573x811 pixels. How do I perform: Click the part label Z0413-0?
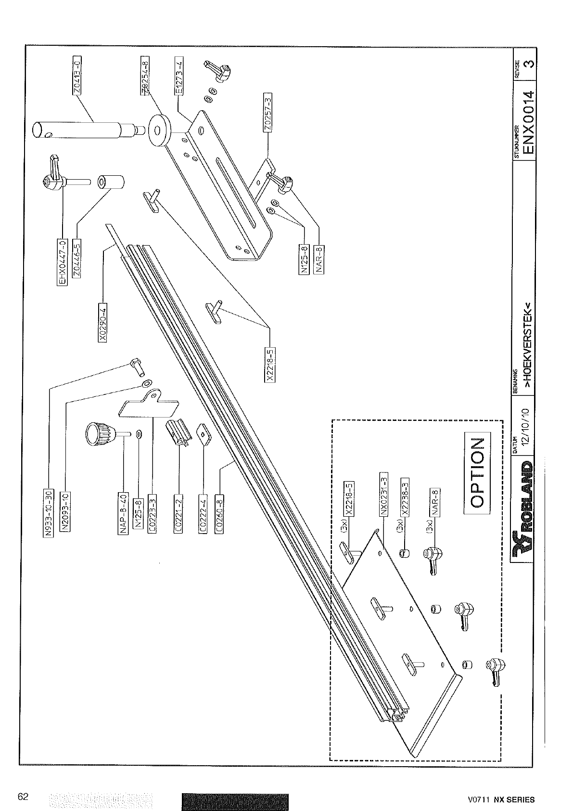tap(77, 76)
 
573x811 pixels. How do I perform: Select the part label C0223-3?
tap(153, 514)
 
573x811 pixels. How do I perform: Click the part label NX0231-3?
tap(383, 496)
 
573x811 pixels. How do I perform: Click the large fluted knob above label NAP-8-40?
tap(99, 432)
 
